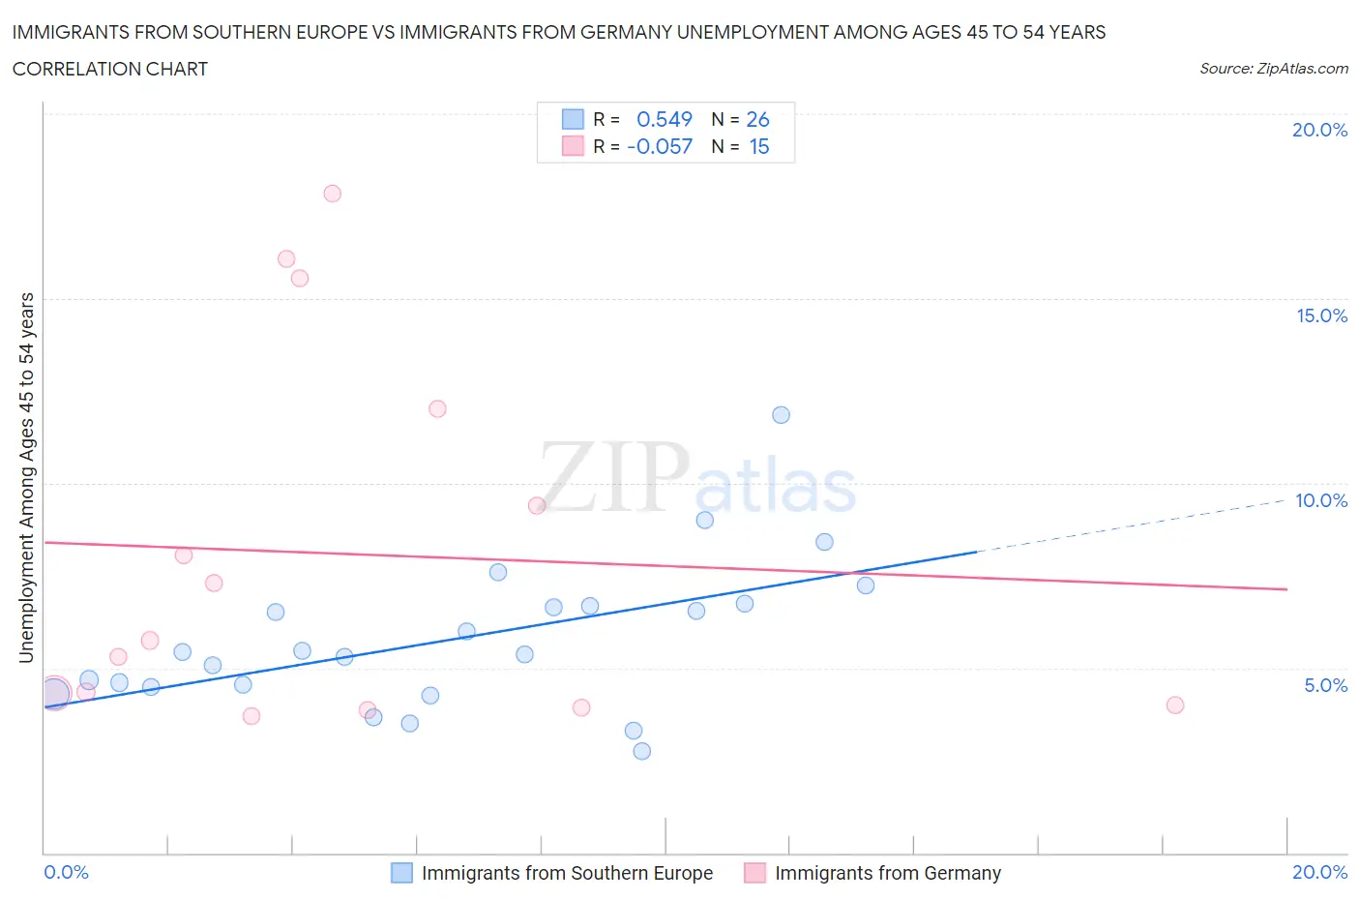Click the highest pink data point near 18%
(x=332, y=194)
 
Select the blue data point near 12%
(x=781, y=415)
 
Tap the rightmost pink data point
(x=1175, y=705)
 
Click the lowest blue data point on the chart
(x=641, y=751)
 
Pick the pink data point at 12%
(x=437, y=409)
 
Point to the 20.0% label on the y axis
(x=1319, y=130)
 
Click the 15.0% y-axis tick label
(x=1321, y=315)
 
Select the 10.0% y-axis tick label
(x=1321, y=500)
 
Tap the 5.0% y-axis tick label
(x=1325, y=685)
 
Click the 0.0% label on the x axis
(x=66, y=872)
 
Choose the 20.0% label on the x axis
(x=1319, y=872)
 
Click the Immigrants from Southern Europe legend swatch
(x=401, y=873)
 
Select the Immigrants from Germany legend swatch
(x=754, y=873)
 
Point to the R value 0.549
(x=665, y=119)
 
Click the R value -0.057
(x=660, y=146)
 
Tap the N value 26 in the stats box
(x=757, y=119)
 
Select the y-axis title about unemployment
(x=27, y=477)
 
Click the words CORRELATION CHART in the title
(x=110, y=69)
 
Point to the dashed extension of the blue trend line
(x=1132, y=525)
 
